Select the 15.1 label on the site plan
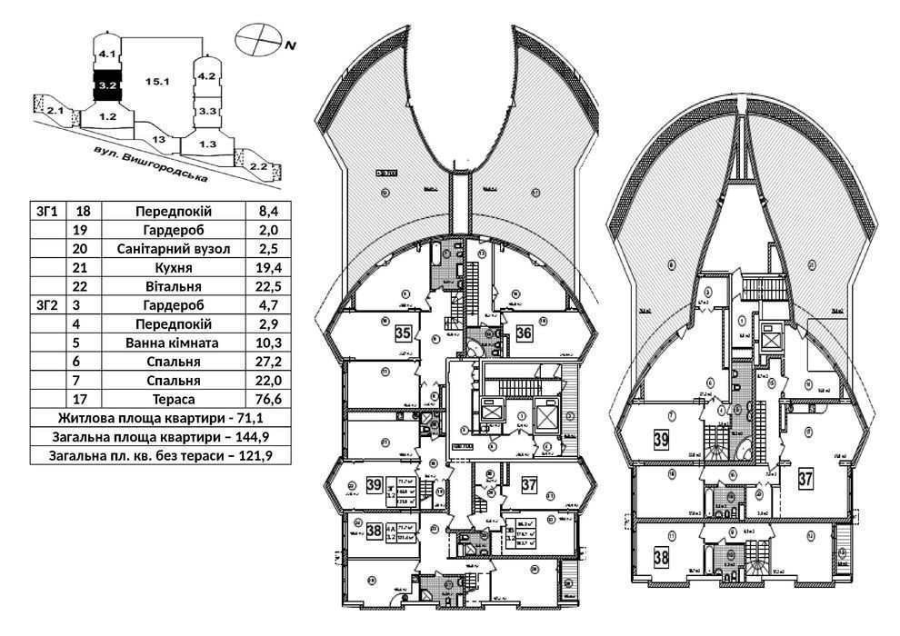pos(157,82)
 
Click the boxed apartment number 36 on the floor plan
pos(524,333)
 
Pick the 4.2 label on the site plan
pos(205,76)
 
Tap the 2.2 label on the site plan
pos(257,166)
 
